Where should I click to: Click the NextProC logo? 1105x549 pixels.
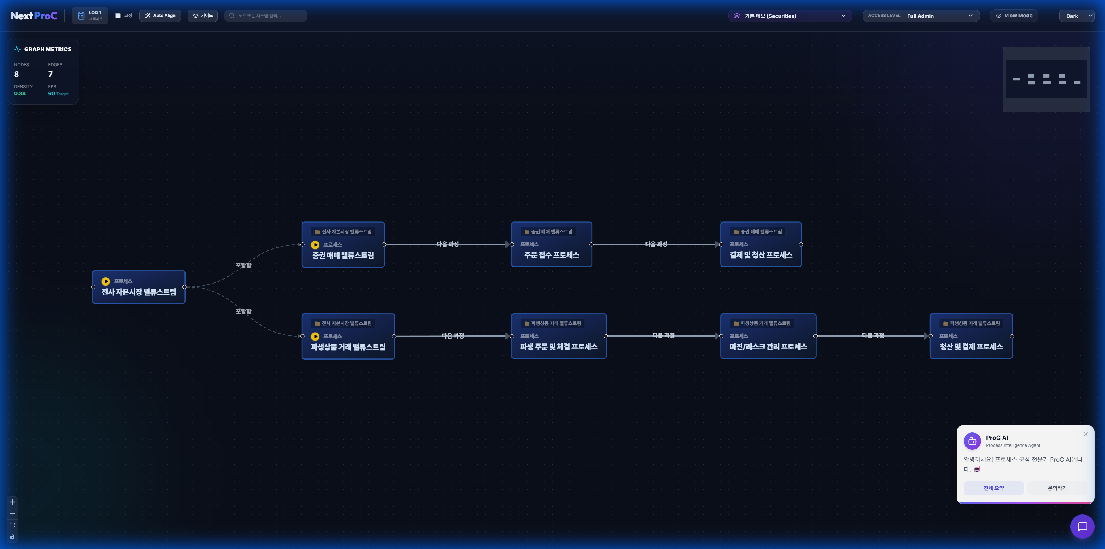point(34,16)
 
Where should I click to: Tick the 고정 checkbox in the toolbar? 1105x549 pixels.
point(118,16)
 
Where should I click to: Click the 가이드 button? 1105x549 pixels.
point(203,16)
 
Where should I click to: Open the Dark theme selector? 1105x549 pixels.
point(1076,16)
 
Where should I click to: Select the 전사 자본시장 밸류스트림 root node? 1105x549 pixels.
point(138,287)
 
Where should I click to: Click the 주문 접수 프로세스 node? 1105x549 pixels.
point(551,245)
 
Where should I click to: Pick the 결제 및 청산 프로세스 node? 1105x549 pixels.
point(761,245)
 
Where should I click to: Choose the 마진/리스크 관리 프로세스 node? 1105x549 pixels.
point(768,336)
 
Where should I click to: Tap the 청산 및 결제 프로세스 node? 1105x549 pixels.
point(971,336)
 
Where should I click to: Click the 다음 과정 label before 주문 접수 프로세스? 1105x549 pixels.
point(447,244)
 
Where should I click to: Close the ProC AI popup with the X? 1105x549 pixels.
point(1085,434)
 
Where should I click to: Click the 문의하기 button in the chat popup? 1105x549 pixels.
point(1057,488)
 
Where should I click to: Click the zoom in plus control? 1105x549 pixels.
point(12,502)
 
